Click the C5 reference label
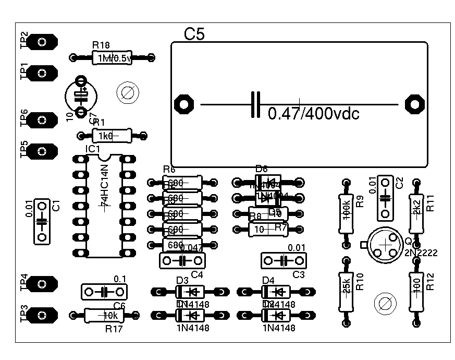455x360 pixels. pos(195,34)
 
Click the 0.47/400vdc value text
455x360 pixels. pos(313,114)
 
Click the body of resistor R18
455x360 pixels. pos(112,58)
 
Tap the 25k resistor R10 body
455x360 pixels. pos(346,291)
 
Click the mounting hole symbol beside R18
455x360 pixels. pos(127,93)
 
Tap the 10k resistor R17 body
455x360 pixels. pos(103,315)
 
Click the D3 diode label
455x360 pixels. pos(182,280)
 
